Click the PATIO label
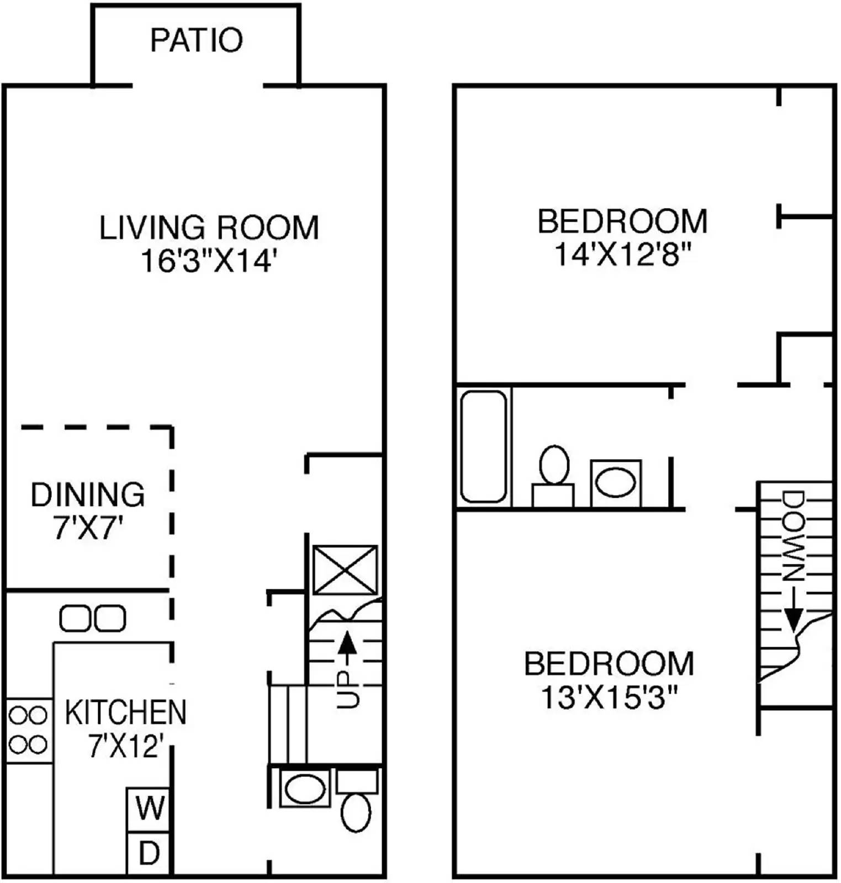[196, 40]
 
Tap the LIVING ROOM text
[209, 227]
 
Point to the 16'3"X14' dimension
[208, 260]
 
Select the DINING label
[88, 494]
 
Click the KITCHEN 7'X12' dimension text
[126, 747]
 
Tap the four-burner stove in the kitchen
[28, 731]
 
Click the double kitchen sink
[92, 618]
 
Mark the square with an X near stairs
[345, 570]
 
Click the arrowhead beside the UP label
[346, 642]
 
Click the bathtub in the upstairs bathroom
[484, 446]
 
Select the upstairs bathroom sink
[616, 483]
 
